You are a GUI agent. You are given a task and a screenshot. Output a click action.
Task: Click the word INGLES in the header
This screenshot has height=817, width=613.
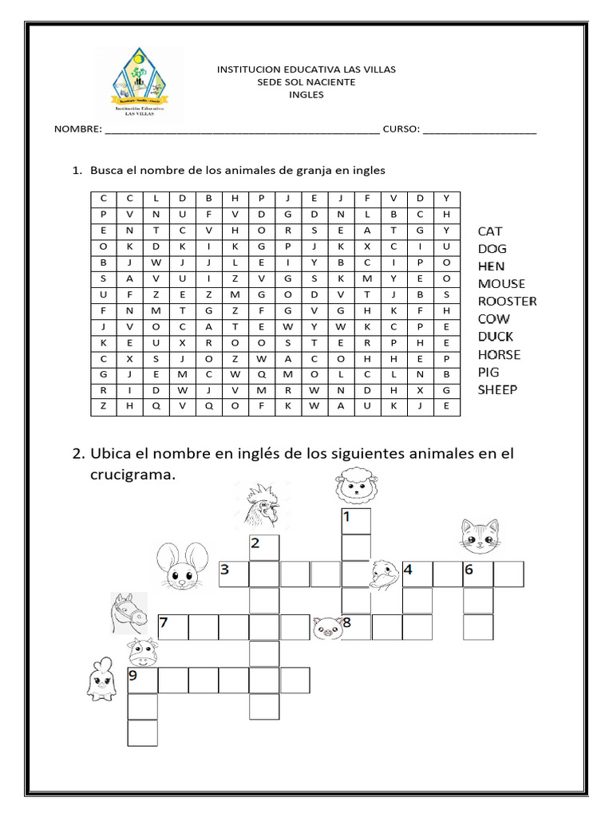[x=306, y=94]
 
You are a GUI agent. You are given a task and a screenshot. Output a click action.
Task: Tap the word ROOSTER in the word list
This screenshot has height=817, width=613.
[x=507, y=301]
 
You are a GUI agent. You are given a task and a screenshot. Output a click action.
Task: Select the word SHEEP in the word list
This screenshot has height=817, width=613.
[x=497, y=389]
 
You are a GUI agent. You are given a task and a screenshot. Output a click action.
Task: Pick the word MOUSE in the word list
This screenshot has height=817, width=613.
[x=501, y=283]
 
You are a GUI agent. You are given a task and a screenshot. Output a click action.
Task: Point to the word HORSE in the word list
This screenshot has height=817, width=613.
[x=499, y=354]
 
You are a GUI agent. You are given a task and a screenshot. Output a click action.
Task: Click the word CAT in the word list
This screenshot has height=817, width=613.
[x=490, y=231]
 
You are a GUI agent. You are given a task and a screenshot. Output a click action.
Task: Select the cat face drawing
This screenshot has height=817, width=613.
[x=479, y=536]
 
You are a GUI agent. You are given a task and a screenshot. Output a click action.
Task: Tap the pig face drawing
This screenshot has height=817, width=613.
[x=326, y=628]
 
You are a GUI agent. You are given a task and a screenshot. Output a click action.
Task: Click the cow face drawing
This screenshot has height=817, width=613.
[x=142, y=652]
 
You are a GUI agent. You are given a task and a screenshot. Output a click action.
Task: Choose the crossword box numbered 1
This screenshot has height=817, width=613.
[x=356, y=521]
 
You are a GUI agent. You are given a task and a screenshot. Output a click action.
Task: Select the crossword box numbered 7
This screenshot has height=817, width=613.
[x=173, y=628]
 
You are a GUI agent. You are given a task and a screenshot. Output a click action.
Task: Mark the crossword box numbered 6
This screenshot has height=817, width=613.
[x=477, y=574]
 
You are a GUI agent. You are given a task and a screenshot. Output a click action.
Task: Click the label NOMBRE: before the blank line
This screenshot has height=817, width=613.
[x=77, y=129]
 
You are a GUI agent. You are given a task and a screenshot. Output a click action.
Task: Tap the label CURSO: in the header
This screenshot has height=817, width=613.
[x=401, y=129]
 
